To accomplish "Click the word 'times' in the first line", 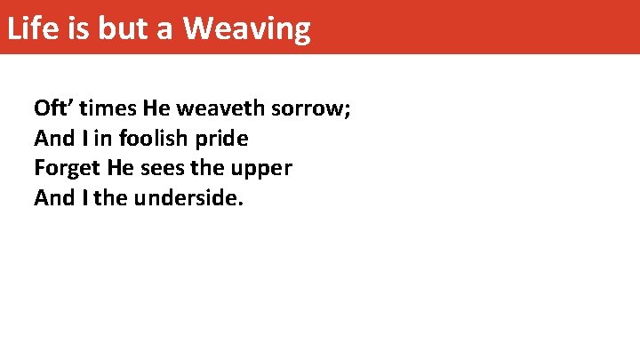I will click(x=109, y=109).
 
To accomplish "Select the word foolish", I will click(x=153, y=139).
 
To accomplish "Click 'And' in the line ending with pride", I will click(x=52, y=139).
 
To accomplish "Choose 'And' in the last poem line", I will click(x=52, y=197).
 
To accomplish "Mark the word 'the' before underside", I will click(x=110, y=197).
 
